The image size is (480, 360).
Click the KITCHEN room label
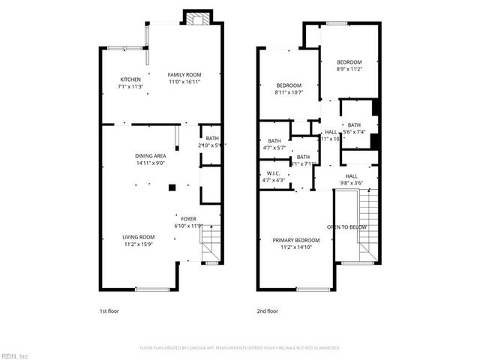pos(131,80)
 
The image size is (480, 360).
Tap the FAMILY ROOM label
pos(184,75)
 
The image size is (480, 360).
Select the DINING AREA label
pos(150,155)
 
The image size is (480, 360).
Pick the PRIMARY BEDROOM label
pos(295,240)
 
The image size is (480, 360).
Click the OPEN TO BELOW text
pos(346,226)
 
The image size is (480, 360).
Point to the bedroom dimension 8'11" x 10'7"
pos(289,92)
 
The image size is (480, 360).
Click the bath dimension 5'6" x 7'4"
pos(353,132)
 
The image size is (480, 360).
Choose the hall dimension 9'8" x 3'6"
pos(351,182)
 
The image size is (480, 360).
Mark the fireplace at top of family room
pos(198,19)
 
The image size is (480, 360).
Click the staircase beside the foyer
pos(211,245)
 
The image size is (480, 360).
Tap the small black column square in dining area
pos(172,187)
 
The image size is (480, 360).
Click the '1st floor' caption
pos(109,310)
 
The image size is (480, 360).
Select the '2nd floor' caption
pos(267,310)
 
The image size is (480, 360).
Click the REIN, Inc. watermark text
pos(14,355)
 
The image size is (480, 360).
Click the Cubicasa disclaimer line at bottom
pos(240,348)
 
